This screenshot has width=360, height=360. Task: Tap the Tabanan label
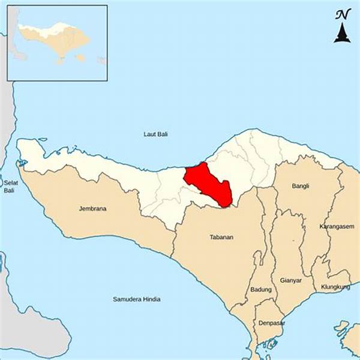point(221,237)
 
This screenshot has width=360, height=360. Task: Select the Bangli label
point(301,186)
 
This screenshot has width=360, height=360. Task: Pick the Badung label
point(261,290)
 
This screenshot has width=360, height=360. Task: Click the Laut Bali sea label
point(156,134)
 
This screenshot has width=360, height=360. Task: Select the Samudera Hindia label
point(137,299)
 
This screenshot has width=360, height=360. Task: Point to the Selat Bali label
point(9,186)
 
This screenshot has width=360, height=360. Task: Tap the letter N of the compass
point(341,14)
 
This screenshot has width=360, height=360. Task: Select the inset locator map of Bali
point(57,43)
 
